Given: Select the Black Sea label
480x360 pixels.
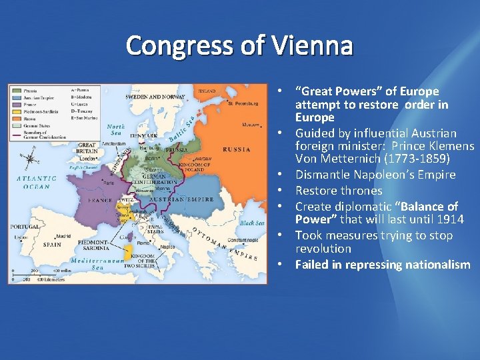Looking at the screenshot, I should click(x=251, y=223).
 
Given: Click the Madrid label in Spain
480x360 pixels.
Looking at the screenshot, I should click(x=64, y=235).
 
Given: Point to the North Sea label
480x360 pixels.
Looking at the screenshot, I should click(x=116, y=129).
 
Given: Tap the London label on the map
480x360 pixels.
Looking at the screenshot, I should click(x=85, y=159).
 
